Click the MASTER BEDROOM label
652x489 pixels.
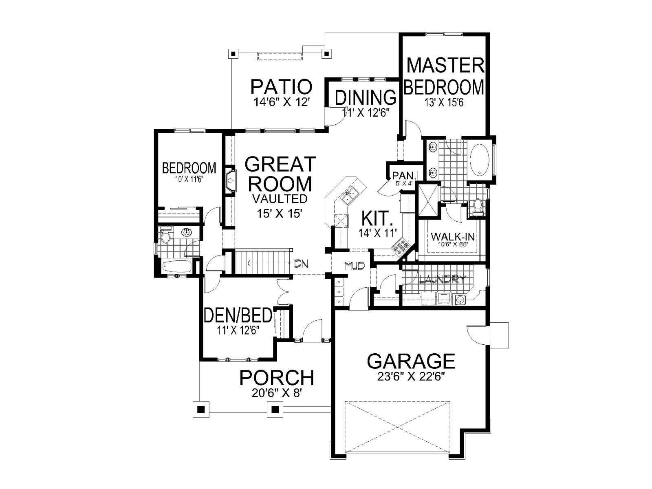[445, 76]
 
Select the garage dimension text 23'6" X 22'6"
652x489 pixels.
[411, 377]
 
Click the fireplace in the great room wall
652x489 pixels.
[231, 181]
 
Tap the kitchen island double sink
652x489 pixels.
[350, 196]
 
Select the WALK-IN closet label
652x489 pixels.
[452, 237]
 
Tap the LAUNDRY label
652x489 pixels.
[443, 279]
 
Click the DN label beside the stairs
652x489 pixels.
[301, 263]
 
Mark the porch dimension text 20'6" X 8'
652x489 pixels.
[277, 393]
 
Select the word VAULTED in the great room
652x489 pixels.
[280, 198]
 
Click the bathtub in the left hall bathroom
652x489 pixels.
[177, 266]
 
